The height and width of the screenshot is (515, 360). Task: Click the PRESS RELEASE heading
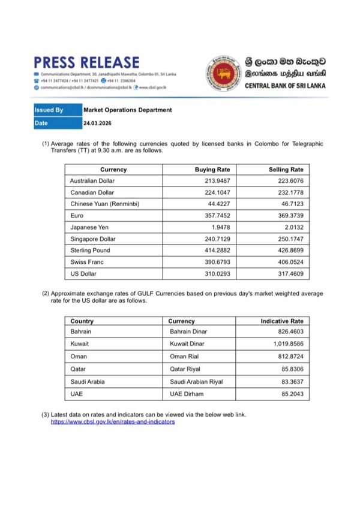tap(87, 62)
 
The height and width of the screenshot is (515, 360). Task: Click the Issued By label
tap(49, 110)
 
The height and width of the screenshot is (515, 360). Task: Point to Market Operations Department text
tap(127, 110)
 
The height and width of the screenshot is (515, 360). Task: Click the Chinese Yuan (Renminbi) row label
tap(104, 204)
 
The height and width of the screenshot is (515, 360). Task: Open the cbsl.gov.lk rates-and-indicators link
tap(113, 422)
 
